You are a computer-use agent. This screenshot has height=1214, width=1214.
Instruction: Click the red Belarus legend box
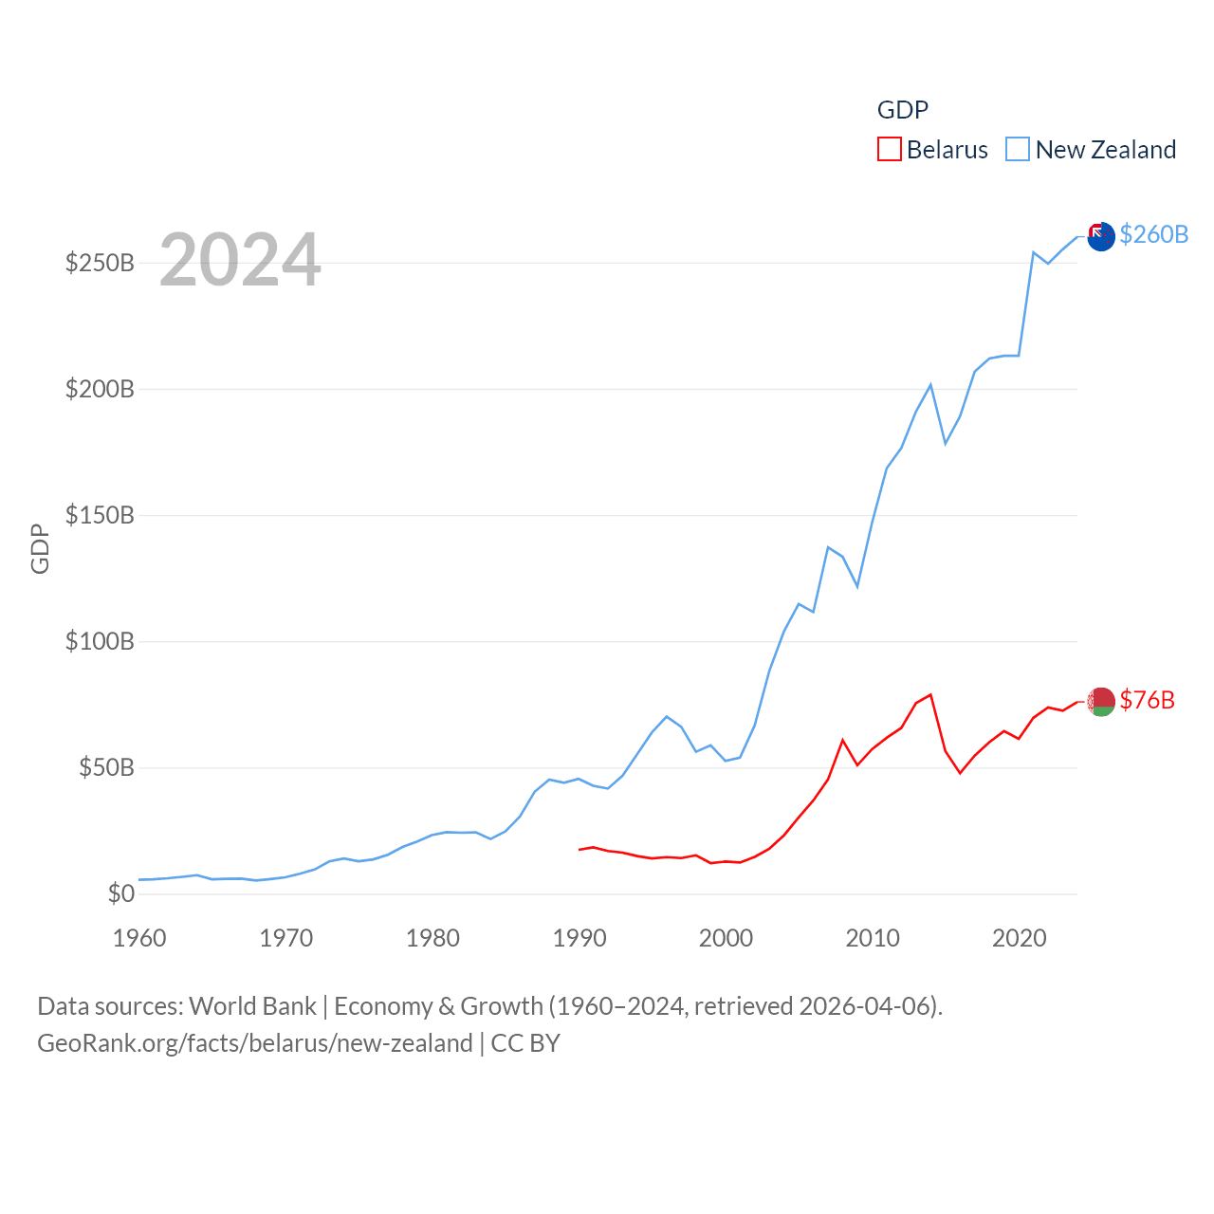(x=889, y=150)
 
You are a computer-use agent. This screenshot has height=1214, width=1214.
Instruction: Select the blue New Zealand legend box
(x=1017, y=150)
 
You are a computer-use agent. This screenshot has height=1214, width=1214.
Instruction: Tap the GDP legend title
(x=902, y=110)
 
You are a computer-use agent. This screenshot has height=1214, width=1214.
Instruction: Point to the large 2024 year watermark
(x=240, y=260)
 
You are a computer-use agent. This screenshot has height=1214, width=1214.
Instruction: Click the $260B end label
(x=1153, y=234)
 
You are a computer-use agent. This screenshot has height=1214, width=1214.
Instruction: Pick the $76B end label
(x=1147, y=700)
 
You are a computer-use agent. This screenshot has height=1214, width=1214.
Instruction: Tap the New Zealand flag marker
(x=1100, y=236)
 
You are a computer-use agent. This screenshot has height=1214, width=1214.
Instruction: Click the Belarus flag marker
(x=1100, y=702)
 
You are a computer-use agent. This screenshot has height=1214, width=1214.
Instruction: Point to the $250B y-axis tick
(x=100, y=263)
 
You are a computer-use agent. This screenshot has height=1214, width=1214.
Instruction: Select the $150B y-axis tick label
(x=100, y=515)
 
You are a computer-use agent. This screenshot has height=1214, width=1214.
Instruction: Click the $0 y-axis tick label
(x=120, y=893)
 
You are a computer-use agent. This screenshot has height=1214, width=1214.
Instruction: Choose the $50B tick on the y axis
(x=106, y=767)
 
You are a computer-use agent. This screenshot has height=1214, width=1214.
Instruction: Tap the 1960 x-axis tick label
(x=139, y=938)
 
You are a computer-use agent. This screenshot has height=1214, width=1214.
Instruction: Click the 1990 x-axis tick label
(x=579, y=938)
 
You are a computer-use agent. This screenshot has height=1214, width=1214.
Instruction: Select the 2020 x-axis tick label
(x=1020, y=938)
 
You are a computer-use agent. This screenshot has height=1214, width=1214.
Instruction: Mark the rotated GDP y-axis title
(x=40, y=548)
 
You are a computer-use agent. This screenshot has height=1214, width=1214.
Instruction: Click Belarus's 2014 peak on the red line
(x=930, y=694)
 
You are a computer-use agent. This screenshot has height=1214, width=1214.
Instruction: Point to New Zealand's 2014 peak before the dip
(x=930, y=384)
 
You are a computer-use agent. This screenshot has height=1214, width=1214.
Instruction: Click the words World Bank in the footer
(x=252, y=1005)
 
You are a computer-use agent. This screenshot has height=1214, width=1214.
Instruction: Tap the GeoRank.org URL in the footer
(x=254, y=1043)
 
